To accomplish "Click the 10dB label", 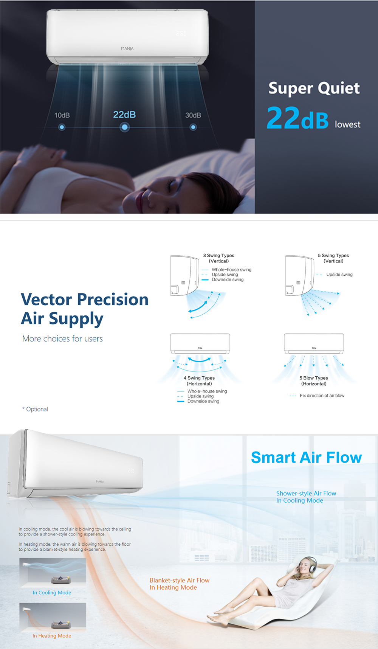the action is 62,115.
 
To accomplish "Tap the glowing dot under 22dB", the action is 124,127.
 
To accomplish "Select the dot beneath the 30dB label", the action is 193,127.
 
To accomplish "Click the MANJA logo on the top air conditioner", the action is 127,48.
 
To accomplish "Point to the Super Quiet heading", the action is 314,88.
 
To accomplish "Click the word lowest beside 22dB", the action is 347,124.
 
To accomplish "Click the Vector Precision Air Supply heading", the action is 85,309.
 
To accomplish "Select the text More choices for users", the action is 62,338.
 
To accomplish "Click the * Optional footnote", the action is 35,409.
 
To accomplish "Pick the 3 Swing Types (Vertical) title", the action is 219,258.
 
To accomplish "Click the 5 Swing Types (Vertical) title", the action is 333,258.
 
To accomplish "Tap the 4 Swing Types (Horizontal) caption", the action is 199,381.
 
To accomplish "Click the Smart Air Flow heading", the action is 307,457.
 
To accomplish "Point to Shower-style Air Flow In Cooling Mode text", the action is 306,497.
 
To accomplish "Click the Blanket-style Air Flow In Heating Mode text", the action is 180,584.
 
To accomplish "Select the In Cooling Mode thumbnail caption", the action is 52,593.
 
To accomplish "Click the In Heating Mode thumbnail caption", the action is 52,636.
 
